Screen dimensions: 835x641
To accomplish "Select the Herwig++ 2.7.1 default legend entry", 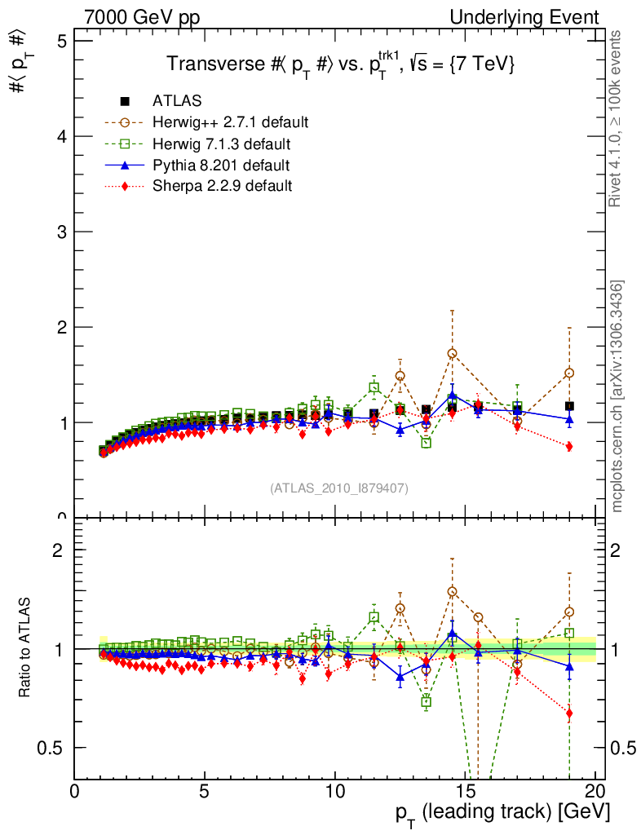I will tap(230, 123).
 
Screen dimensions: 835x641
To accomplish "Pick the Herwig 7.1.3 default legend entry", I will tap(221, 144).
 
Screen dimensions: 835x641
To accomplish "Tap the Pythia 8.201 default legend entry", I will tap(221, 166).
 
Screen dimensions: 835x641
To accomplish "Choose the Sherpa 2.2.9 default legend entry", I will tap(222, 186).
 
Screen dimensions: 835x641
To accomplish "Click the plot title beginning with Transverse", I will tap(340, 64).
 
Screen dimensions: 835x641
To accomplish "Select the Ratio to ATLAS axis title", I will tap(26, 649).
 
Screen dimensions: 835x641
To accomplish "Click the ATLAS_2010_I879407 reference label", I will tap(339, 488).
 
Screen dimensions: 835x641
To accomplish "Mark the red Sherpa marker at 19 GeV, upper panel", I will tap(569, 446).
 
